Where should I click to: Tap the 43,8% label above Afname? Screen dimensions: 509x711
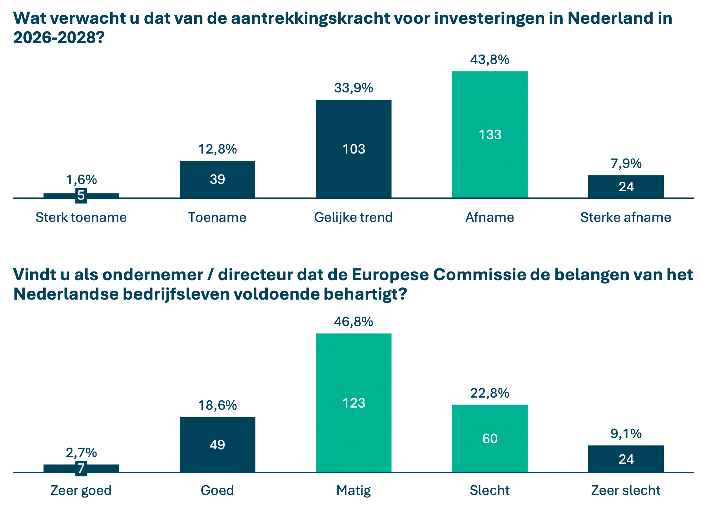(x=490, y=60)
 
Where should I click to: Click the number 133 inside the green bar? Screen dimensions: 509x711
(x=490, y=135)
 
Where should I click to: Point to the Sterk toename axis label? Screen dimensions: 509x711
(x=81, y=218)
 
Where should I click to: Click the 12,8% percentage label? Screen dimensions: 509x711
(x=217, y=149)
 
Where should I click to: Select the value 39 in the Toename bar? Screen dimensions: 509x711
(x=217, y=179)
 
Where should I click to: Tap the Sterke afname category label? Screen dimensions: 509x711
(x=626, y=218)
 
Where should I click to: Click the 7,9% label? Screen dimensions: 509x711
(x=626, y=164)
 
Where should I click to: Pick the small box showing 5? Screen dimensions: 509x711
(x=81, y=195)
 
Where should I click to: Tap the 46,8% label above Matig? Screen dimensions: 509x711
(x=354, y=322)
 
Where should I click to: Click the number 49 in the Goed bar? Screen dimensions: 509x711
(x=217, y=445)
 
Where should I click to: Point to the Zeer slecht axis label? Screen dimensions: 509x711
(x=626, y=490)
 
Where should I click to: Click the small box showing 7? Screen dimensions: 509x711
(x=81, y=468)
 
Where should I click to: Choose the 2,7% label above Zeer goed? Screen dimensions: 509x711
(x=81, y=453)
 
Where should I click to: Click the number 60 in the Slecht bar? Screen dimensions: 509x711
(x=490, y=438)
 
